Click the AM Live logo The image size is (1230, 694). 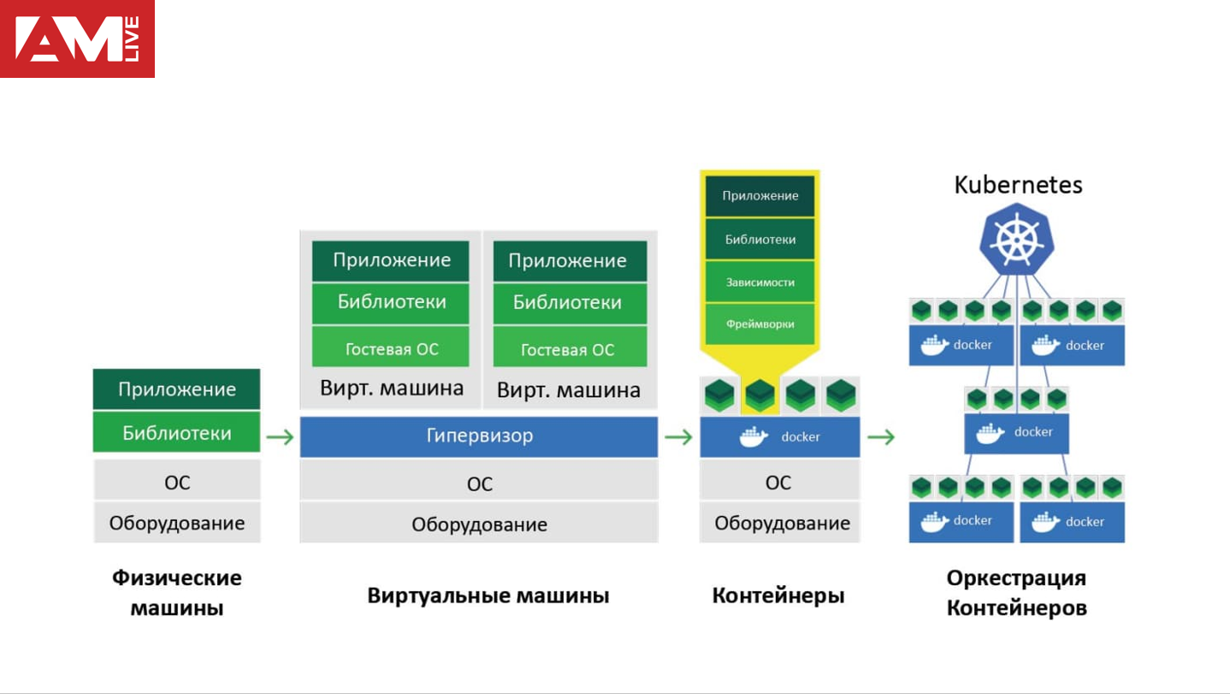(x=77, y=39)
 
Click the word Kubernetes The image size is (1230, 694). (x=1018, y=185)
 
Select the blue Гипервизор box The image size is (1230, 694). (x=479, y=436)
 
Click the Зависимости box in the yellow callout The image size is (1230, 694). (x=760, y=282)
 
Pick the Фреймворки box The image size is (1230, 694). (x=760, y=324)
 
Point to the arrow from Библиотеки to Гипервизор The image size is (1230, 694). (x=280, y=437)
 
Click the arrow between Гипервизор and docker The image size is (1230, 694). (x=678, y=437)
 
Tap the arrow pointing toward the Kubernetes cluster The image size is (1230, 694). (x=881, y=437)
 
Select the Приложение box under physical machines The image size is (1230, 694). (x=176, y=389)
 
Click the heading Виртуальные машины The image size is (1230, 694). (x=488, y=596)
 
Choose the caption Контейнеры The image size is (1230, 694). (x=778, y=596)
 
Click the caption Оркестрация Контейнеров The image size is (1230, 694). (x=1016, y=593)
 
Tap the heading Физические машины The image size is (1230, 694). (x=177, y=593)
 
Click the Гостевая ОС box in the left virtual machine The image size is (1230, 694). (x=391, y=349)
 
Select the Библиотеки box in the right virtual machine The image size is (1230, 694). (x=568, y=302)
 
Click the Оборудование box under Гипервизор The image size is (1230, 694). (x=479, y=525)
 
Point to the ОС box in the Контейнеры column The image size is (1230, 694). (x=778, y=483)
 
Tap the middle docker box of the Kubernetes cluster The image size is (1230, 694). (x=1016, y=432)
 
